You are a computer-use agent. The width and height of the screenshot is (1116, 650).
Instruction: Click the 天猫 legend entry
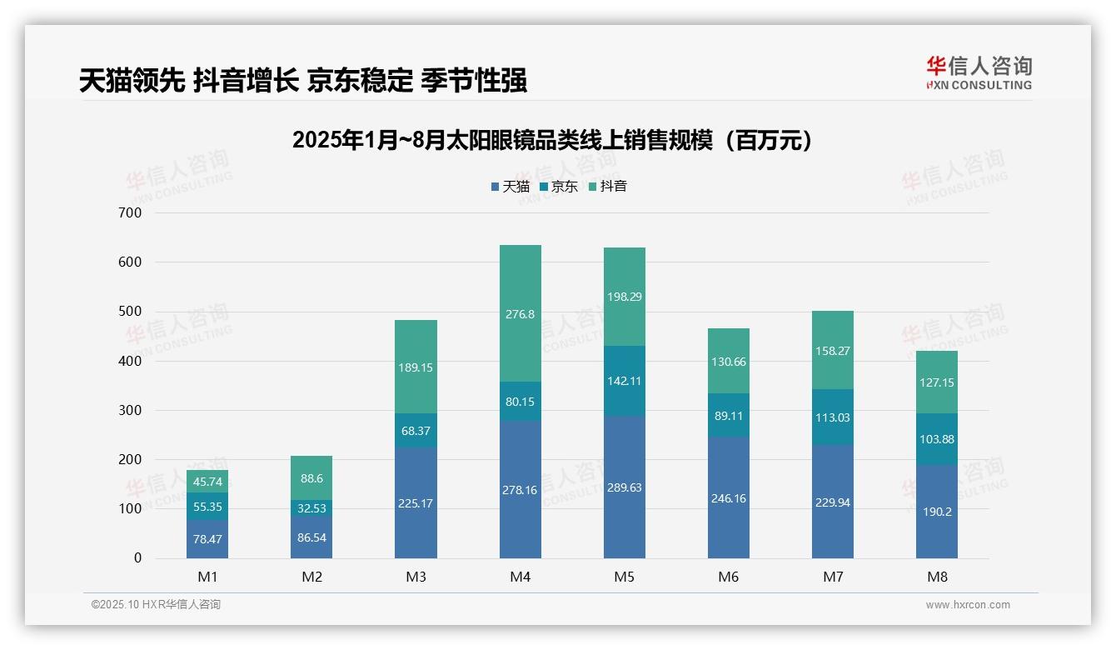(x=511, y=187)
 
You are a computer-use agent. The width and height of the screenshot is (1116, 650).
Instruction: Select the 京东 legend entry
(x=559, y=187)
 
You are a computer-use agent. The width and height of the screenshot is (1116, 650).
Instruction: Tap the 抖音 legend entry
(x=608, y=187)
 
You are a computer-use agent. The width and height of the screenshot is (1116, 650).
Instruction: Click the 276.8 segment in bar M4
(x=521, y=314)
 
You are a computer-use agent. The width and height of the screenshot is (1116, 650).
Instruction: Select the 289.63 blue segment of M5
(x=625, y=487)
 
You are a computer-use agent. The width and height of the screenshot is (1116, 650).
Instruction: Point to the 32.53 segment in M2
(x=311, y=508)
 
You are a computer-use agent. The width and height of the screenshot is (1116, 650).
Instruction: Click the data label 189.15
(x=416, y=367)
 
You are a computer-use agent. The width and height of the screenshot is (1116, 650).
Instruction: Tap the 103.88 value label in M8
(x=937, y=439)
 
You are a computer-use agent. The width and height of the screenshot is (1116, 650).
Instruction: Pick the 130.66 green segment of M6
(x=729, y=361)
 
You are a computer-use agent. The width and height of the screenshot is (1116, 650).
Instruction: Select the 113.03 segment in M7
(x=833, y=417)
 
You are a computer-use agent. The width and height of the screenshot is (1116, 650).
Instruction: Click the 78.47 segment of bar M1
(x=207, y=539)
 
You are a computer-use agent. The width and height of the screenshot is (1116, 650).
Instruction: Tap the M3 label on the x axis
(x=416, y=577)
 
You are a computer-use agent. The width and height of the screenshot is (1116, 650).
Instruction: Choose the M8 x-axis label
(x=937, y=577)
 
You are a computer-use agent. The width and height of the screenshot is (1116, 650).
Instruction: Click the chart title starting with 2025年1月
(x=551, y=140)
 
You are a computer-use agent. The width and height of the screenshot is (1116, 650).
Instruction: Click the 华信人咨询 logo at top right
(x=979, y=73)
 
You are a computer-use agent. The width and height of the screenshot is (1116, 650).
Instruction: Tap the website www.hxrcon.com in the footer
(x=968, y=605)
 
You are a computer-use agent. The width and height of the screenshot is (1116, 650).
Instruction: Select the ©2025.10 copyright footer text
(x=156, y=605)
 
